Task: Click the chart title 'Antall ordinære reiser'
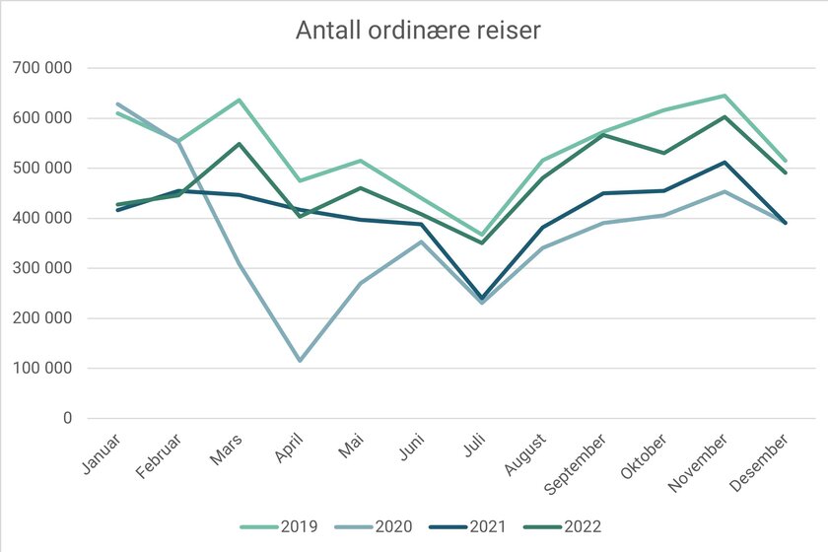(418, 32)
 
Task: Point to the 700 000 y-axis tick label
(44, 68)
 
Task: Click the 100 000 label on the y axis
(44, 369)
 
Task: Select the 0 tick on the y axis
(67, 419)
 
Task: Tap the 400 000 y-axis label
(44, 218)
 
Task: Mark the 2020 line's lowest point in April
(300, 361)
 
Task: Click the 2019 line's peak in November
(725, 96)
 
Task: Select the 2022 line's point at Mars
(240, 144)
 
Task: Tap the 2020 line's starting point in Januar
(118, 103)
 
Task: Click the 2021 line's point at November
(725, 162)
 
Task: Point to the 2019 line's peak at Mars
(240, 100)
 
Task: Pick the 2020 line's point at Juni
(422, 241)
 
